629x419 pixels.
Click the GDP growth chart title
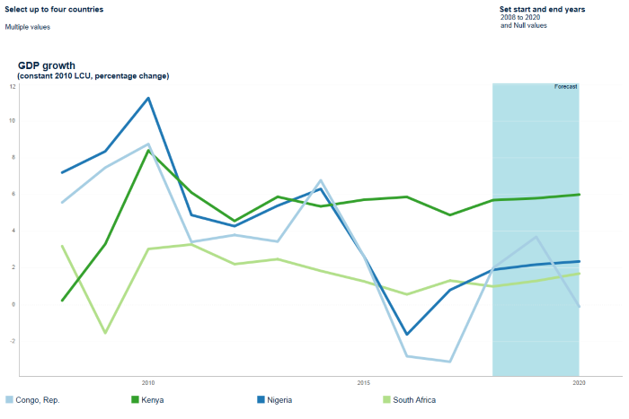[x=47, y=65]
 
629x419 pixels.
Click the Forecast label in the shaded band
[x=565, y=87]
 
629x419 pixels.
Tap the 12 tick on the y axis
[x=13, y=86]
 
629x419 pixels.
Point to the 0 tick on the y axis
[x=13, y=304]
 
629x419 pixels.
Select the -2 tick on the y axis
[x=13, y=341]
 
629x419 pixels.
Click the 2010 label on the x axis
[x=148, y=383]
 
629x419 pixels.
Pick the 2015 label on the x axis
[x=364, y=383]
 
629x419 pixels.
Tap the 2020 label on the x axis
[x=579, y=383]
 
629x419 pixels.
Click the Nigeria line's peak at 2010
[x=148, y=98]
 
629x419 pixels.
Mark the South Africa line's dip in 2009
[x=105, y=333]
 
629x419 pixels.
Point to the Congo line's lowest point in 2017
[x=449, y=362]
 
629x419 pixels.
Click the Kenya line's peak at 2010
[x=148, y=151]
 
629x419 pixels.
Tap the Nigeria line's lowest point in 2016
[x=406, y=335]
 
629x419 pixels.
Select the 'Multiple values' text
[x=28, y=27]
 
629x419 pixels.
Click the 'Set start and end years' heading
[x=542, y=9]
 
